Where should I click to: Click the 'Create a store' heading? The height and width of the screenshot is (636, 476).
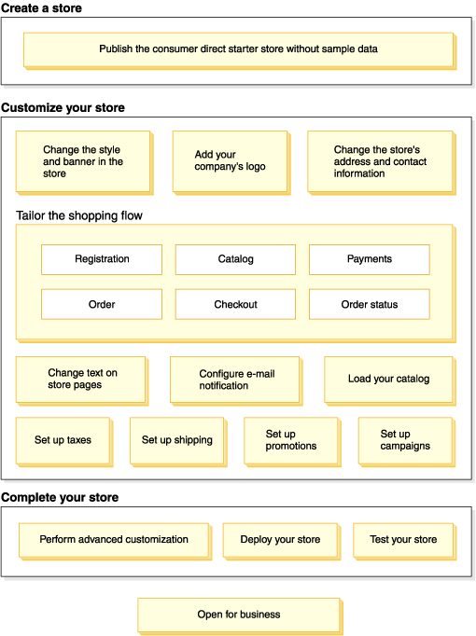point(41,7)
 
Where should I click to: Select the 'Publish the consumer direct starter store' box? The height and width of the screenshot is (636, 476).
point(240,50)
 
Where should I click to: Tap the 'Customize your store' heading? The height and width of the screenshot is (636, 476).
point(63,107)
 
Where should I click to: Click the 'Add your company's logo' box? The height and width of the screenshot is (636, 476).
point(231,162)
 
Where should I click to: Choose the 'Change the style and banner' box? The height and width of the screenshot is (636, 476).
point(84,162)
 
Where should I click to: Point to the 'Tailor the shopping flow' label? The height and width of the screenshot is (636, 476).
point(79,215)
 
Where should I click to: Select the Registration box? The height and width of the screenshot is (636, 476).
point(102,259)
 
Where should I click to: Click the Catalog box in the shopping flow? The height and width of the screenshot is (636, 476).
point(235,259)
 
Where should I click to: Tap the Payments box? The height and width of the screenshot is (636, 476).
point(370,259)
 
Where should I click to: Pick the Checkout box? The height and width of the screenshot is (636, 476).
point(235,304)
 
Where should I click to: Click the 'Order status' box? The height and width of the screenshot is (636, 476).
point(370,304)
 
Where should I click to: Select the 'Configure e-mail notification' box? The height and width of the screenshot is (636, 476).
point(236,380)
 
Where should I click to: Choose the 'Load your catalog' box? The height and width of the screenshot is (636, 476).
point(390,380)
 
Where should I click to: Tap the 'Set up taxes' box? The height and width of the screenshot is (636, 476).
point(64,442)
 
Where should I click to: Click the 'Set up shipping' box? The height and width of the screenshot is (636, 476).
point(178,442)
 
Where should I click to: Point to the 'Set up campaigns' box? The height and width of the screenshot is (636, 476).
point(407,442)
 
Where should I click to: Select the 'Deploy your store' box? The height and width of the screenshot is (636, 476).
point(282,542)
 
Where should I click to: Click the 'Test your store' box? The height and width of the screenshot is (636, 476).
point(404,542)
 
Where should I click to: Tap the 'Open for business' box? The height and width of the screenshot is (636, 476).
point(240,616)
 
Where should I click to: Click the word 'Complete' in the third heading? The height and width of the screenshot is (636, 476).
point(26,498)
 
